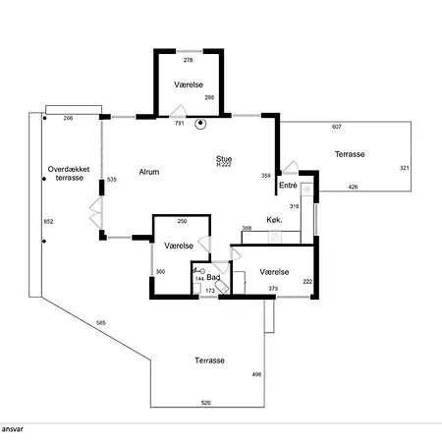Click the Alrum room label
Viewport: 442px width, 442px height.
pos(149,172)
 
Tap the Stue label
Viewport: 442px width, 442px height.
pos(224,159)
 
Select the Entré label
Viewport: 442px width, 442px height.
pos(288,186)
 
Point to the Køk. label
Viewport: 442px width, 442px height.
pos(274,220)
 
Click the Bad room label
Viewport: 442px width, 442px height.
pos(213,277)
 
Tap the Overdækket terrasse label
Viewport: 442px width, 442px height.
pos(69,174)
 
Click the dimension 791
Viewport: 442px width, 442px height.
pos(180,123)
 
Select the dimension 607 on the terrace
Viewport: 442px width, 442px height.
pos(337,127)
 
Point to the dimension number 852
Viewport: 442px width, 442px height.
pos(48,222)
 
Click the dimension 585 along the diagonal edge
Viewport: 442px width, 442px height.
pos(101,323)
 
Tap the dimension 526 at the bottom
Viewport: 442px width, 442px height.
pos(206,403)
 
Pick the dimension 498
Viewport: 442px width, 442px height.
pos(256,374)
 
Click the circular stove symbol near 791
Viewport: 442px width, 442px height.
pos(200,124)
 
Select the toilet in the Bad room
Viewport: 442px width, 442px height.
pos(222,287)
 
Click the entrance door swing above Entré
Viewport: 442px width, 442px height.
pos(291,168)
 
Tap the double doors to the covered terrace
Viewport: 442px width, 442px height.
pos(96,212)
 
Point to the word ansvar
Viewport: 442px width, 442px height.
pos(13,429)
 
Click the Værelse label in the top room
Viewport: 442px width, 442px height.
pos(189,84)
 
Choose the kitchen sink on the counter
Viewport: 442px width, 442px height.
pos(275,237)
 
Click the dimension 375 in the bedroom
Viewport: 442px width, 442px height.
pos(273,289)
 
